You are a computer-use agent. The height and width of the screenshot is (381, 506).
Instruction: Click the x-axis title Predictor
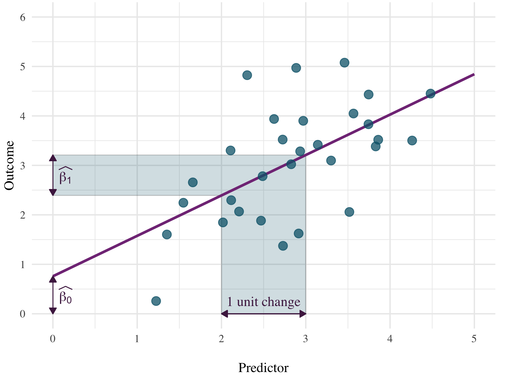[x=263, y=368]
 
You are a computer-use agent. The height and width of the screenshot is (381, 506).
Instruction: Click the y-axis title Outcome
[x=10, y=165]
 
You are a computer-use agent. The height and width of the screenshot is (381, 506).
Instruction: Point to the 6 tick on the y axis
[x=23, y=17]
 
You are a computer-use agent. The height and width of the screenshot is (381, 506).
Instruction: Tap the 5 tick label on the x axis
[x=474, y=339]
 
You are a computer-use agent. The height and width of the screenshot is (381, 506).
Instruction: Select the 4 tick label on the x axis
[x=390, y=339]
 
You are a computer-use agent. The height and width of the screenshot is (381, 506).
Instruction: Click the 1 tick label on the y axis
[x=23, y=265]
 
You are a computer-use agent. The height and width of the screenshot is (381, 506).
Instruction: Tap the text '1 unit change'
[x=263, y=302]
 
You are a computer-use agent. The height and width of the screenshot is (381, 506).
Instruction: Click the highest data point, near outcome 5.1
[x=344, y=63]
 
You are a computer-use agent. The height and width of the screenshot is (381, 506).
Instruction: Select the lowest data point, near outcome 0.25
[x=156, y=301]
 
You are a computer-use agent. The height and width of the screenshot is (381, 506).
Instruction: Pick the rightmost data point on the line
[x=430, y=94]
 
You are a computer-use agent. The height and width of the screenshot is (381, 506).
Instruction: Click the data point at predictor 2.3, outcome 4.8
[x=247, y=75]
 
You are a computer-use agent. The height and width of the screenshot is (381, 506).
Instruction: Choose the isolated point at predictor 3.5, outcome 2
[x=349, y=212]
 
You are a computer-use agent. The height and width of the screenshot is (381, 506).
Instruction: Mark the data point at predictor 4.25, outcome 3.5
[x=412, y=140]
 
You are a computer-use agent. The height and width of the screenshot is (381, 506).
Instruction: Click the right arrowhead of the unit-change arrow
[x=303, y=314]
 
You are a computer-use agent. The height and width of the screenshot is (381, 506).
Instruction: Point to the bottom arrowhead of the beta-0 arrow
[x=53, y=311]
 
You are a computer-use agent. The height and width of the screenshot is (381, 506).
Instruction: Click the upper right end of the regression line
[x=473, y=74]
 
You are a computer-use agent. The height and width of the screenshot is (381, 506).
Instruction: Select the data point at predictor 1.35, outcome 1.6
[x=167, y=234]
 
